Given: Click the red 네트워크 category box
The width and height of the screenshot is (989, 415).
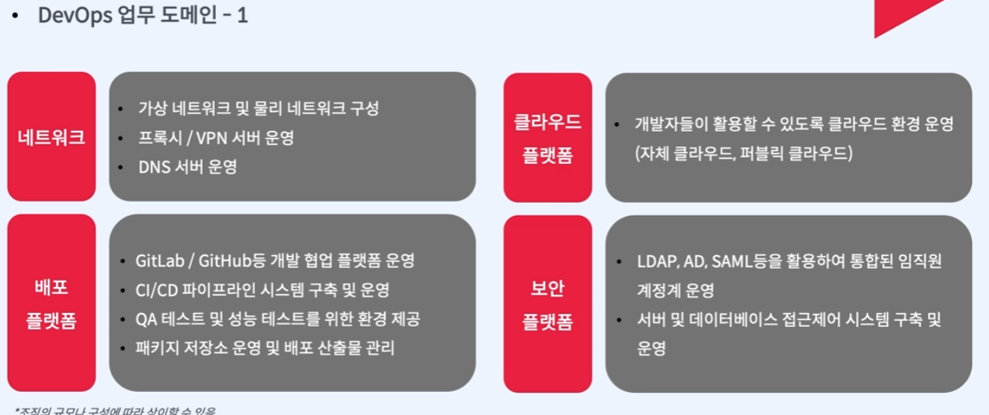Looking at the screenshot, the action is (51, 138).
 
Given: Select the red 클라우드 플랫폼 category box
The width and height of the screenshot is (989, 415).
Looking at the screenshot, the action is (547, 138).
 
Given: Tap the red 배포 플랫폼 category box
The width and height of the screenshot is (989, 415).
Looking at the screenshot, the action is (51, 303).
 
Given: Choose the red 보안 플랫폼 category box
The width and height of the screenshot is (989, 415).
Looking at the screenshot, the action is (547, 303).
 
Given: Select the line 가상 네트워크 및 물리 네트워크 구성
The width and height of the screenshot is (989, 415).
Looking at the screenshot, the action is (258, 108).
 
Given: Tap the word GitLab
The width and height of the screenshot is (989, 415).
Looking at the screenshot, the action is (160, 261).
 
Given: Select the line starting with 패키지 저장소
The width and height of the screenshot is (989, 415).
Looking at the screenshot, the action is (265, 348).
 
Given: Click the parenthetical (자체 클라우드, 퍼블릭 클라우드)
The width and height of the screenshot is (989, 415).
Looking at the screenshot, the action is (743, 153).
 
